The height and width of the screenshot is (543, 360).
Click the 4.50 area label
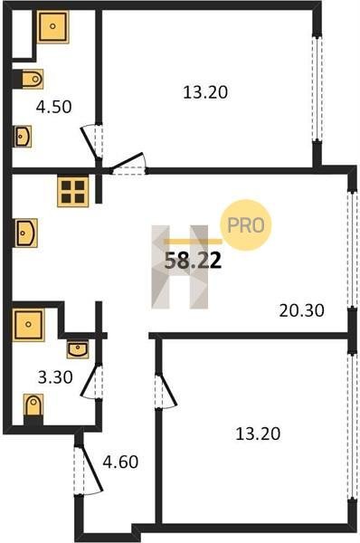point(54,107)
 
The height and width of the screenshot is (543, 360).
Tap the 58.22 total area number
point(193,261)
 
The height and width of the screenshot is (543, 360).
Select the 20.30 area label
point(301,310)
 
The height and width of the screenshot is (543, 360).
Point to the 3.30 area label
point(55,377)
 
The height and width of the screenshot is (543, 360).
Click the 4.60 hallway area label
point(120,462)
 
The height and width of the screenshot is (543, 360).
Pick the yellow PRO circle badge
point(246,225)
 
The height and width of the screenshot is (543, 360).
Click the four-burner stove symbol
point(73,192)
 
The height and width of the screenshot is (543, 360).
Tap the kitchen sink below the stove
point(26,233)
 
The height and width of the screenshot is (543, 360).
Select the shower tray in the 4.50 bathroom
point(52,26)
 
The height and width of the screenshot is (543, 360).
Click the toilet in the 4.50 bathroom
point(31,79)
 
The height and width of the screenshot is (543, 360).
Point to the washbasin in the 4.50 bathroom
point(23,136)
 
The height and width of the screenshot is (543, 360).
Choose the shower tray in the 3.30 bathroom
point(28,325)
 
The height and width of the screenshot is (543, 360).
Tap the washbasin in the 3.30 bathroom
point(78,349)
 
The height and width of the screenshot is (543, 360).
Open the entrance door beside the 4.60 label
point(88,469)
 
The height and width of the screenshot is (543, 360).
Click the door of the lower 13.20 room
point(166,391)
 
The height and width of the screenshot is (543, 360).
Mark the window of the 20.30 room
point(352,250)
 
